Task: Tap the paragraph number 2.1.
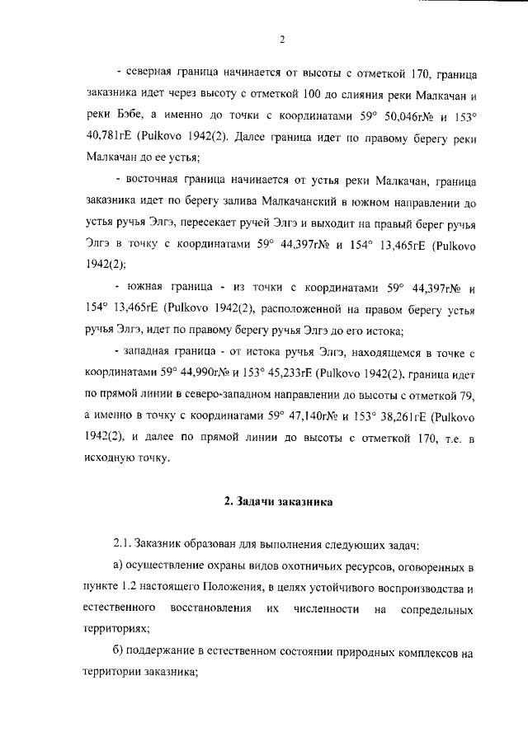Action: point(123,546)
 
